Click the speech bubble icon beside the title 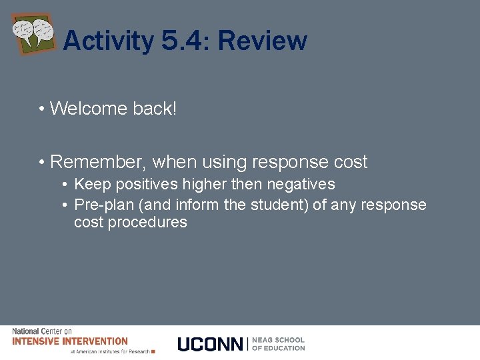(33, 33)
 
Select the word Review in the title (262, 41)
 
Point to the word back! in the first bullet (154, 108)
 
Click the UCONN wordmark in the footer (211, 344)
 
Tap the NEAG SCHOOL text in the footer (278, 340)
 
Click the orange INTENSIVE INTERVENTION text (70, 341)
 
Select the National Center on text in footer (42, 331)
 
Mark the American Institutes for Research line (110, 351)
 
